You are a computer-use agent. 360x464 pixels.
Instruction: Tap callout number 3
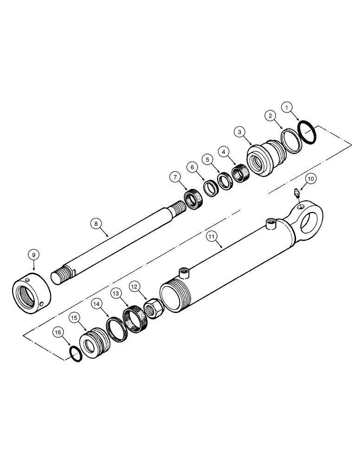(240, 133)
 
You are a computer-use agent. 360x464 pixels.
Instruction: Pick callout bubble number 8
(96, 224)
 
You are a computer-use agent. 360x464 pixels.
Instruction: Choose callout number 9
(33, 254)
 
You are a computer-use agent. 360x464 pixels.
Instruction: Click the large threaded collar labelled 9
(31, 295)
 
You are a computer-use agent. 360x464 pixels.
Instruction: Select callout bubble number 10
(310, 177)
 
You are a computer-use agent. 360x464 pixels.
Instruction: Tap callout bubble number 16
(57, 332)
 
